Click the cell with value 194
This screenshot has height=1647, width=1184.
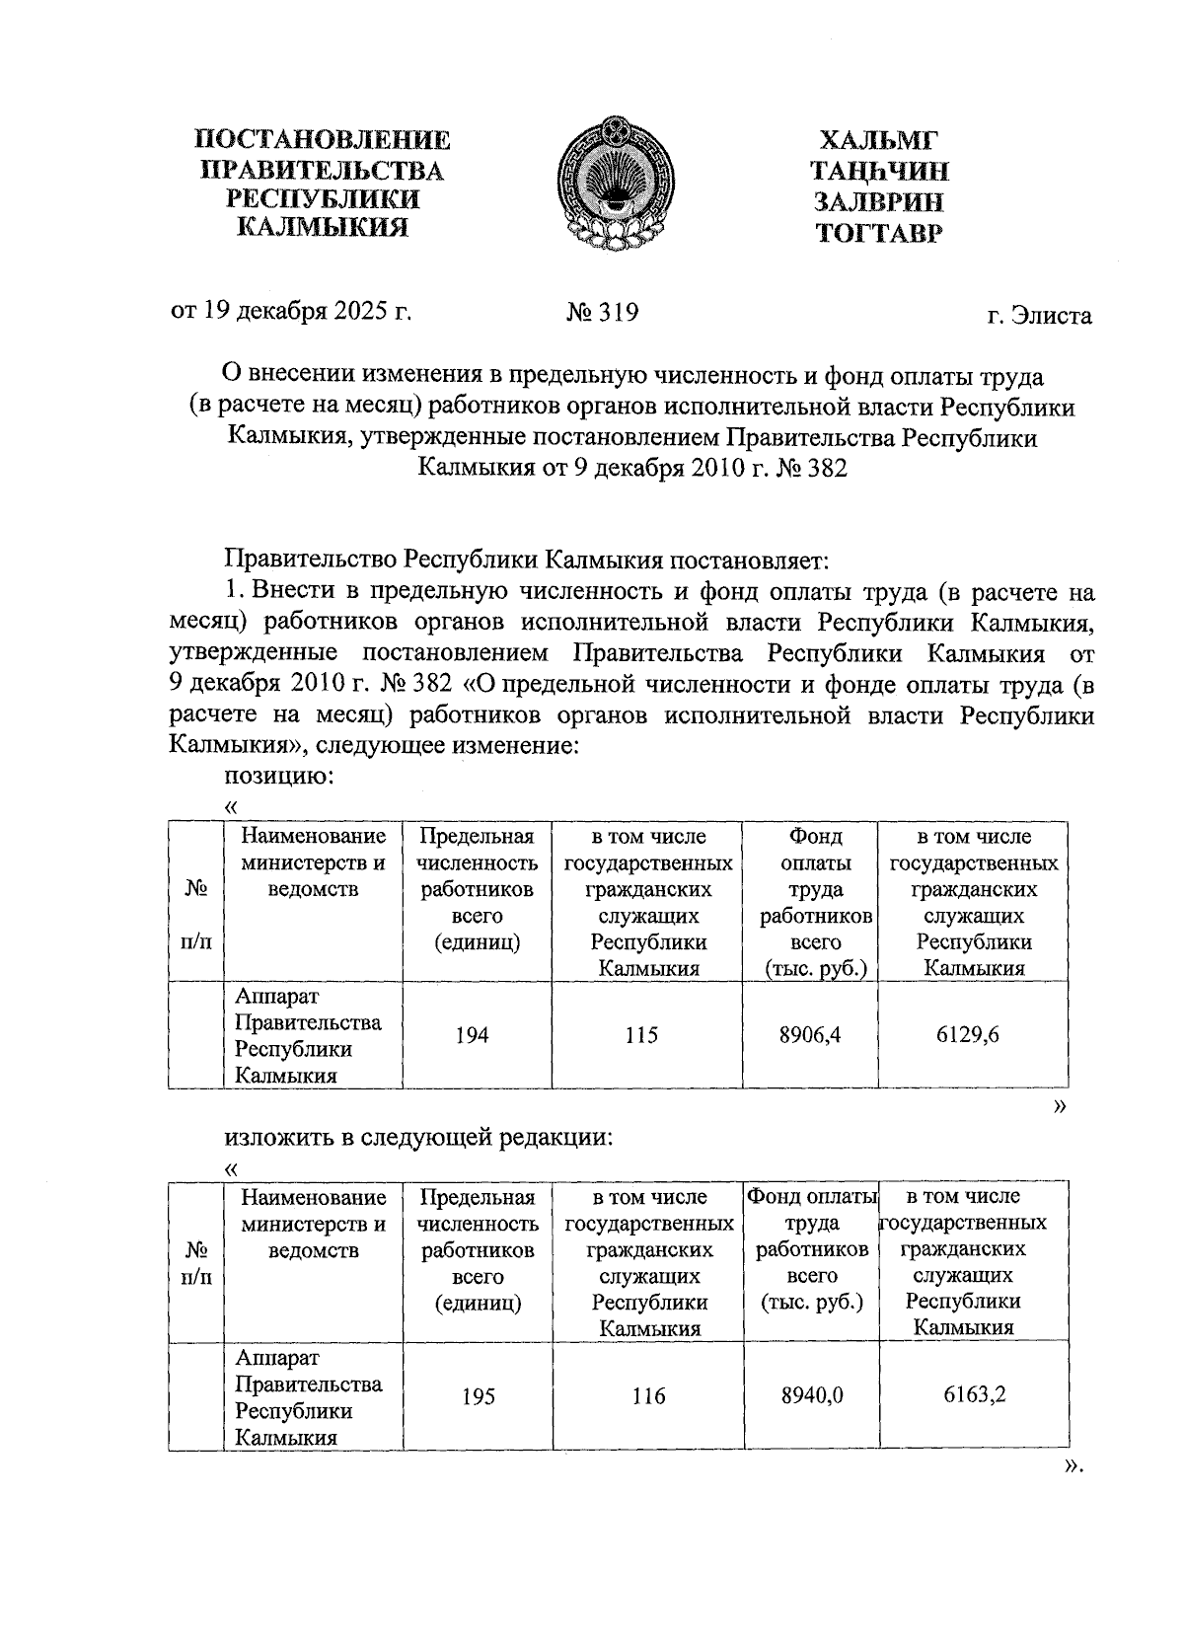(x=472, y=1035)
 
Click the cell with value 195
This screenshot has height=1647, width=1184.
(x=479, y=1396)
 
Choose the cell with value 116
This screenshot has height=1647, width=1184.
(x=648, y=1396)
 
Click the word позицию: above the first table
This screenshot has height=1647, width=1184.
(x=278, y=777)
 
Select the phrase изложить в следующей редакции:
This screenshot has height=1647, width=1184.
(x=419, y=1137)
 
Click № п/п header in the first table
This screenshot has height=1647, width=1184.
(x=196, y=915)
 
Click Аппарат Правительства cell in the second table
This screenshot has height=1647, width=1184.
(x=308, y=1396)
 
